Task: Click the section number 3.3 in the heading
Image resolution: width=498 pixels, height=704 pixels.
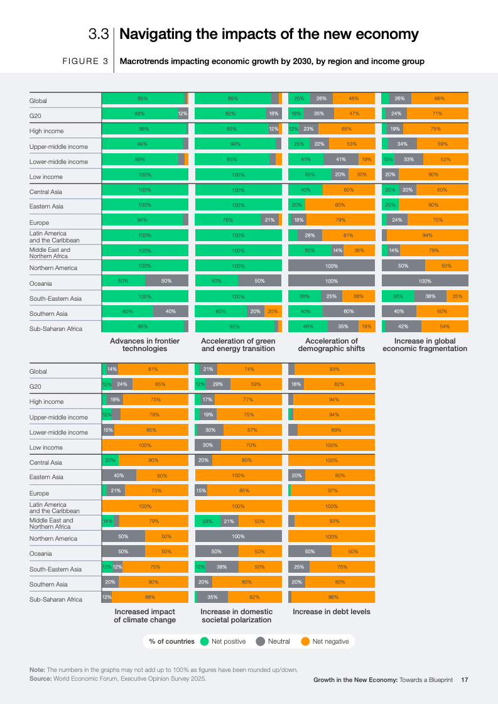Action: (x=99, y=34)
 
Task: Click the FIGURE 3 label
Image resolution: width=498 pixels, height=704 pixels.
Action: (x=85, y=62)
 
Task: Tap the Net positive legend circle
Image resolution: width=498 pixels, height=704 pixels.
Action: (x=204, y=641)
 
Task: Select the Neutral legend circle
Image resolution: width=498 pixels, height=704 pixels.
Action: (x=261, y=641)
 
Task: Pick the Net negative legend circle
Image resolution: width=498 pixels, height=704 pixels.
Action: (x=305, y=641)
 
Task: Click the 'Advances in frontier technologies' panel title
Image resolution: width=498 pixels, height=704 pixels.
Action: (x=144, y=345)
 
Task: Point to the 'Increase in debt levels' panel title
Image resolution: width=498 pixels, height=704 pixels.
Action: (x=332, y=612)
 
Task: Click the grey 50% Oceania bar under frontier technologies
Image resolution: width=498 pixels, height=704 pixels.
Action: (x=166, y=281)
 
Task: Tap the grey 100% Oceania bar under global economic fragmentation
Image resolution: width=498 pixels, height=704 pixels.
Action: (x=425, y=281)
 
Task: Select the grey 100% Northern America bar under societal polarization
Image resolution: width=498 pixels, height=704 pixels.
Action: (x=239, y=536)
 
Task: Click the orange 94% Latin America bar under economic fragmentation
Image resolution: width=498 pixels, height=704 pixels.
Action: (x=428, y=236)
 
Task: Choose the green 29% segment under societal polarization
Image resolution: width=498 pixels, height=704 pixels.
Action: (x=207, y=521)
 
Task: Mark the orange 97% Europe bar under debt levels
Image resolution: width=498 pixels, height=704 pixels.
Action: (x=333, y=490)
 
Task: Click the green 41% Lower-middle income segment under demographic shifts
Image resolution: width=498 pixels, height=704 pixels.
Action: (x=306, y=160)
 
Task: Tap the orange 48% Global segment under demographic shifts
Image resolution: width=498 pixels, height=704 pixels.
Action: (x=354, y=99)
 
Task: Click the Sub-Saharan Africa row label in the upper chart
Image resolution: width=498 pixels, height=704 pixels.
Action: (x=56, y=328)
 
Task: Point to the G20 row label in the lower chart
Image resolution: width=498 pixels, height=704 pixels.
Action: (x=35, y=387)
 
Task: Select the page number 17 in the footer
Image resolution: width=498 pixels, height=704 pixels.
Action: (x=464, y=680)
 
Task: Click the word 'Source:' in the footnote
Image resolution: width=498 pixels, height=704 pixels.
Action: (x=40, y=678)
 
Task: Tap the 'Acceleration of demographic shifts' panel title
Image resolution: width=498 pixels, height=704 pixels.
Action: (x=332, y=345)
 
